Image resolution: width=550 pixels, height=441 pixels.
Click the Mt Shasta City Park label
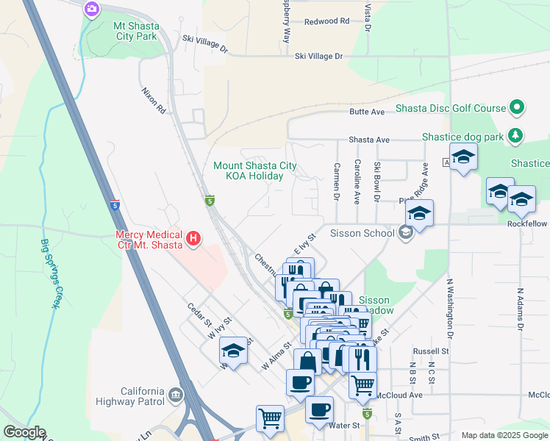(135, 31)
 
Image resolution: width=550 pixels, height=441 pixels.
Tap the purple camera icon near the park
(92, 9)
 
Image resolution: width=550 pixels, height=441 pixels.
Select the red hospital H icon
(193, 238)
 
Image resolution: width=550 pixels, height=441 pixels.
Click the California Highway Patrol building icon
(176, 395)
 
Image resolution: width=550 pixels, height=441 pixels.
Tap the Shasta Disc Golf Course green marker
(517, 108)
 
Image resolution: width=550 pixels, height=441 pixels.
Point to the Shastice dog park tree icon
(517, 136)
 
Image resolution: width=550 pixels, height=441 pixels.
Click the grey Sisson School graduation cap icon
(404, 234)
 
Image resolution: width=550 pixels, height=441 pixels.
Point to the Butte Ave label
(367, 112)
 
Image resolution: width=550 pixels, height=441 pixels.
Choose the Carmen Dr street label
(336, 182)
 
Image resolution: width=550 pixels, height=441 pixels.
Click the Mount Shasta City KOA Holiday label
(254, 171)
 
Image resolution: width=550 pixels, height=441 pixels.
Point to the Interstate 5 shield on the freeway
(115, 204)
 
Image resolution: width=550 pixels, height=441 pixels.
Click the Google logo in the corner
(24, 432)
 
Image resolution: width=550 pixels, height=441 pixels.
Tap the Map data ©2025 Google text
(504, 435)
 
